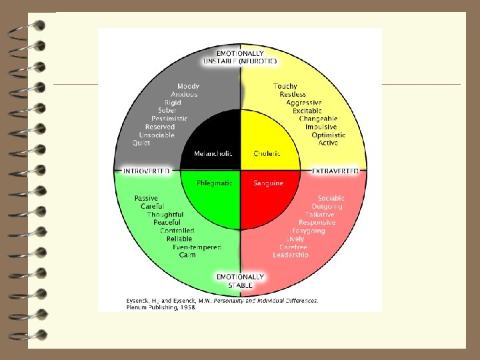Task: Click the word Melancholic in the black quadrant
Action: (x=213, y=154)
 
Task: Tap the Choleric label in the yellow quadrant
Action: (x=267, y=154)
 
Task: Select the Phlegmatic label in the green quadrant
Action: (x=213, y=183)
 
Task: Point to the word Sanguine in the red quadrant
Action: (x=268, y=183)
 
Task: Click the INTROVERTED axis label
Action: (x=146, y=171)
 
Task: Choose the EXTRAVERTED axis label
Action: (x=335, y=171)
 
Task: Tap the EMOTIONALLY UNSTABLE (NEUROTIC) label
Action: (x=241, y=57)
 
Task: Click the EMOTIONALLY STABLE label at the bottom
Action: (x=241, y=281)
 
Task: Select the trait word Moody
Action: (x=188, y=86)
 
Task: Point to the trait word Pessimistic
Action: (x=169, y=119)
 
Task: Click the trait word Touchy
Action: (x=285, y=86)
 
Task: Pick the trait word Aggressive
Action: (x=304, y=103)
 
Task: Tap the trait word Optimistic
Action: (x=329, y=135)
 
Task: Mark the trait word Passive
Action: (x=146, y=198)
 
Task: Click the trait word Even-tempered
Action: (x=197, y=247)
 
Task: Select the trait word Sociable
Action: (x=331, y=198)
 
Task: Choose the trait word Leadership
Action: (x=291, y=255)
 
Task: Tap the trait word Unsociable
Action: (x=157, y=135)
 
